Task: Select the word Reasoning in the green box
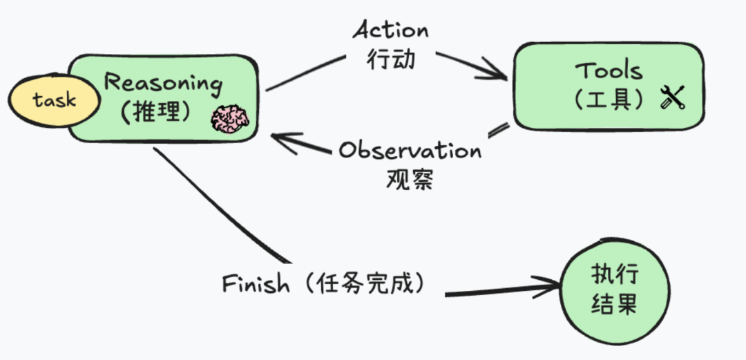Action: pyautogui.click(x=163, y=84)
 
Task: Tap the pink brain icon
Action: pyautogui.click(x=229, y=119)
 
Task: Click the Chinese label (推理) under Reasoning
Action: pyautogui.click(x=155, y=113)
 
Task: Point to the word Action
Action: pyautogui.click(x=390, y=30)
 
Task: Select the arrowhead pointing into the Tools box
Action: pyautogui.click(x=496, y=69)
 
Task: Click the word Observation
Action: pyautogui.click(x=410, y=150)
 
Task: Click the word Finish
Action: pyautogui.click(x=256, y=284)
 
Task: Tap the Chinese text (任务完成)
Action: pyautogui.click(x=365, y=283)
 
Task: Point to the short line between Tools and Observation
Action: pyautogui.click(x=499, y=129)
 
